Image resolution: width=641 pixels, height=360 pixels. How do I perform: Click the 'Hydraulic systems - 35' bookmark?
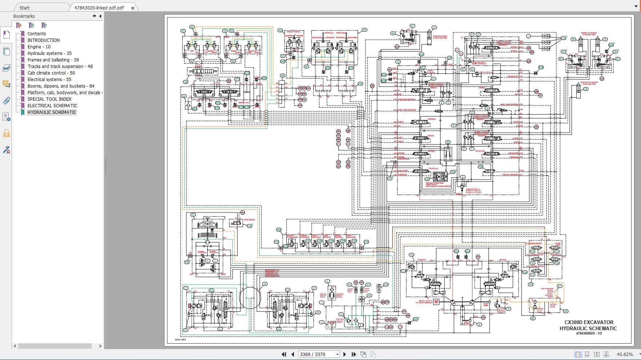49,53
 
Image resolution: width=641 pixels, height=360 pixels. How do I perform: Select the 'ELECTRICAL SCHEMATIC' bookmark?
52,106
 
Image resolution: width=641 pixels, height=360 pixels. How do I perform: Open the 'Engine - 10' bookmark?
39,47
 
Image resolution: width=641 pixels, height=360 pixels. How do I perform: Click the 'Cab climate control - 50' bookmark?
51,73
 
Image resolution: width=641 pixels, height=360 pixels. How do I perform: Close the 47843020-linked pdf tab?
133,8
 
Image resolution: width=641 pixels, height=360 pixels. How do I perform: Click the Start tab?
25,8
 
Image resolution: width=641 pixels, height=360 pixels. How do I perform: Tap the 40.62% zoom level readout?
624,354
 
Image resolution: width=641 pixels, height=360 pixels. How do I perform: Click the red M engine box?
436,301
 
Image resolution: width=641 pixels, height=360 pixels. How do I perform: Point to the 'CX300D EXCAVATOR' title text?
589,322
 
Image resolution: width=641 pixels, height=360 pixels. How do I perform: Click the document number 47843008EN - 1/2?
589,333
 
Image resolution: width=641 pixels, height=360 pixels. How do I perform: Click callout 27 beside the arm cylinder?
434,27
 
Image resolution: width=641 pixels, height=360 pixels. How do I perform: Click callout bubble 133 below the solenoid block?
531,284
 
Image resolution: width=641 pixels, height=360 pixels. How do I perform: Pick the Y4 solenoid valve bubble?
533,275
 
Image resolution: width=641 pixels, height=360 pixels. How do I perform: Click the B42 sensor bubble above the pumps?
456,251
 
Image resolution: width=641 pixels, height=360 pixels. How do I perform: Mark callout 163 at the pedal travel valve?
280,31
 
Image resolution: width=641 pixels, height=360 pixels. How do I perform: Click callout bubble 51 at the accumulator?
560,286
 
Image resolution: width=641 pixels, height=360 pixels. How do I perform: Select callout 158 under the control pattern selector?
186,82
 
